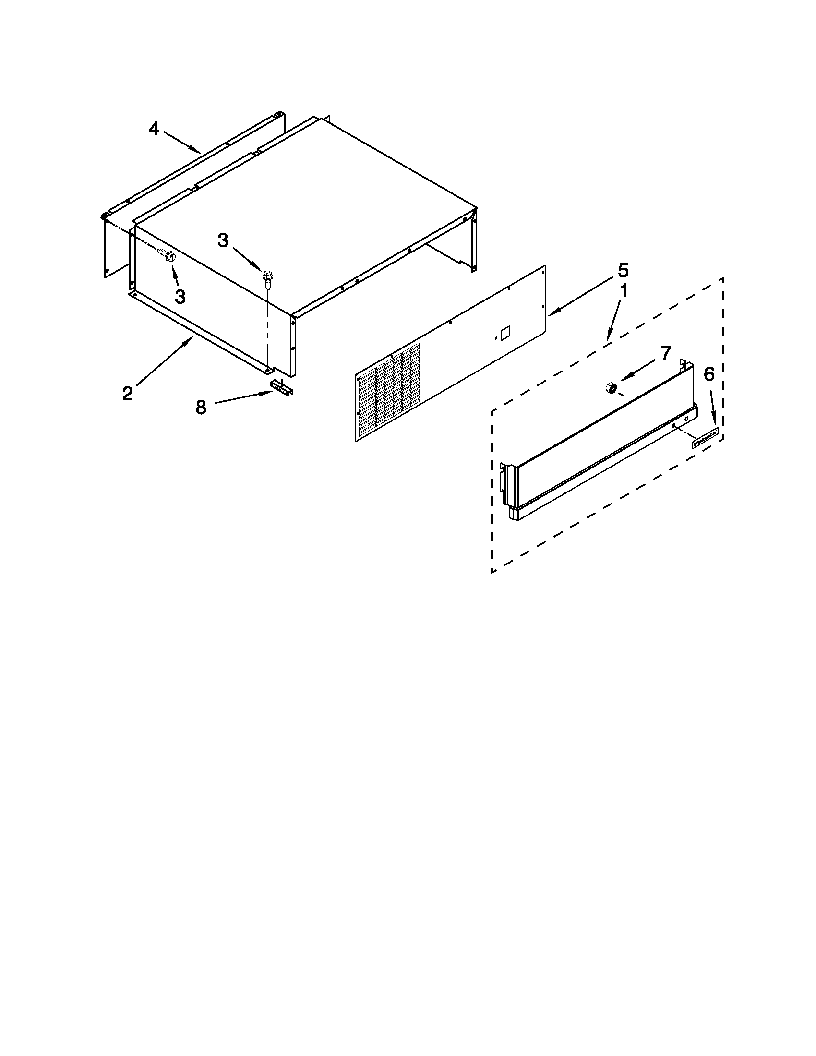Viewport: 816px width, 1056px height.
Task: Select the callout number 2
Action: click(127, 394)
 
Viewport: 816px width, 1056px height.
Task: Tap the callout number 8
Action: click(201, 408)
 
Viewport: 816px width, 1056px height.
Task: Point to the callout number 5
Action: click(623, 270)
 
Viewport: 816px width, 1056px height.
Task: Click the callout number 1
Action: click(624, 291)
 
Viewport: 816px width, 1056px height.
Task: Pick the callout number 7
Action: click(666, 353)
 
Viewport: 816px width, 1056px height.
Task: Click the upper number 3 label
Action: click(222, 240)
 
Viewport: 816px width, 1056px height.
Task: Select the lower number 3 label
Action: click(180, 296)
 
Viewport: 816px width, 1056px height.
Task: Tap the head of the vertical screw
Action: click(266, 276)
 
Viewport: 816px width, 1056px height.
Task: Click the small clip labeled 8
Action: click(282, 387)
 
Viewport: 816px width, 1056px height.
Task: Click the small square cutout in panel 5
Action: click(505, 332)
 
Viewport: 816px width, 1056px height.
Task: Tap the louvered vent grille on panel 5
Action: click(389, 391)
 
